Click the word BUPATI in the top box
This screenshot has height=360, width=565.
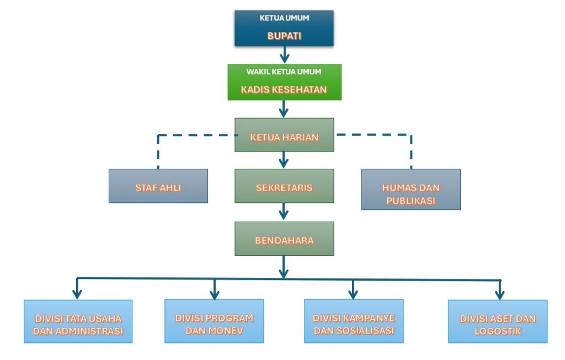284,37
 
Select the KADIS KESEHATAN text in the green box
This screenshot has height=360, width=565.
284,89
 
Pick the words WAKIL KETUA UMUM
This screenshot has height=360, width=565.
284,72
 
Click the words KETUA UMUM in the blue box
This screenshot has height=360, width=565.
284,18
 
